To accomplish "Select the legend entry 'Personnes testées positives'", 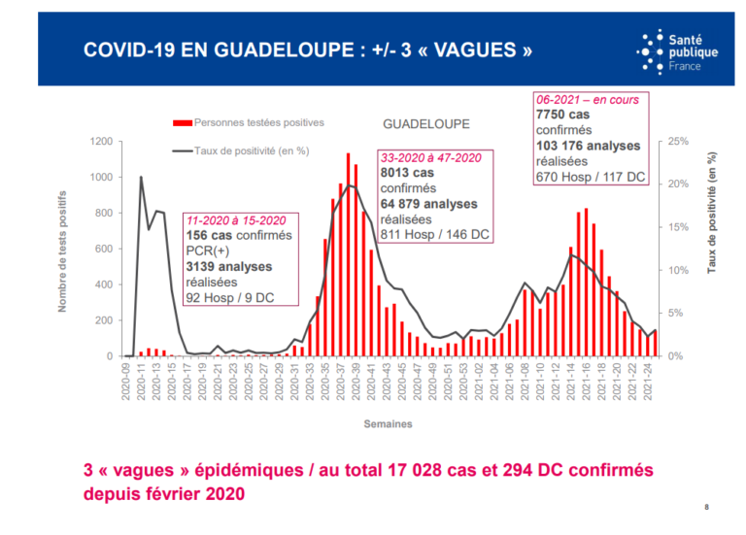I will (x=258, y=123).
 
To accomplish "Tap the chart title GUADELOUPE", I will (x=425, y=124).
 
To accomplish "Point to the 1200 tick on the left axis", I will (x=100, y=142).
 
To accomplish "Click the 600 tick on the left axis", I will (x=103, y=249).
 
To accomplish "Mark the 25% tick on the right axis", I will (x=677, y=142).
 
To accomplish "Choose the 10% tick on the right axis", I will (x=677, y=270).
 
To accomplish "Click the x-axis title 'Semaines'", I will (x=389, y=424).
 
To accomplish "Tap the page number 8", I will (x=706, y=508).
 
